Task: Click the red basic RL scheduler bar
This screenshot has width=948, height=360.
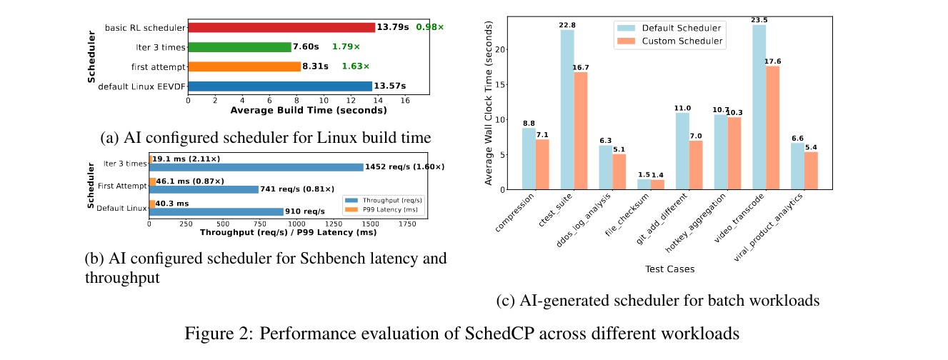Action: pos(281,27)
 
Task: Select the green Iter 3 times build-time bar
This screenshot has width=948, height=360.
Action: pos(239,47)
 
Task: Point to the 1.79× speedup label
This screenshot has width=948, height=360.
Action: pos(346,47)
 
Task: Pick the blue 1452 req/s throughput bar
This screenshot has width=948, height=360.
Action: pos(256,167)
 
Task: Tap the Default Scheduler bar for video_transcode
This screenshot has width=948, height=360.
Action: pos(759,107)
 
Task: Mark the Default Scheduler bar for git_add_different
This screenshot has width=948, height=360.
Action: pos(682,151)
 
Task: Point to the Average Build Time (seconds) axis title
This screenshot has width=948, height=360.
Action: pos(308,111)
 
